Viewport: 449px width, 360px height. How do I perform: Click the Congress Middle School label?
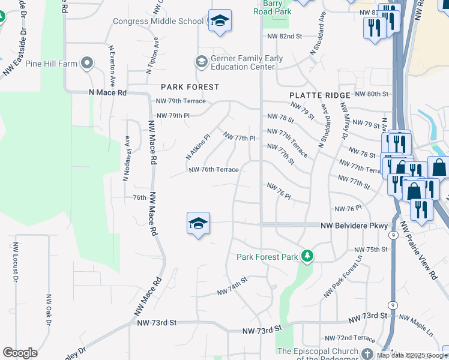pyautogui.click(x=159, y=22)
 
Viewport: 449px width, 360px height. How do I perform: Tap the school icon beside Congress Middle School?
pyautogui.click(x=220, y=22)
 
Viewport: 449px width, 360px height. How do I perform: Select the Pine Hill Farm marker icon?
pyautogui.click(x=88, y=63)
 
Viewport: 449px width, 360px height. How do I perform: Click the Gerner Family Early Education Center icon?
pyautogui.click(x=200, y=61)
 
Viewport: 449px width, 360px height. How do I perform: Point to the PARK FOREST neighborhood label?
pyautogui.click(x=189, y=87)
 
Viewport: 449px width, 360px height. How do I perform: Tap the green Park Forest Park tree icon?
pyautogui.click(x=307, y=256)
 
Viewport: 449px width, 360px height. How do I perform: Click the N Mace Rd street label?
pyautogui.click(x=107, y=93)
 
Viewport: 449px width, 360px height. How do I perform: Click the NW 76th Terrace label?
pyautogui.click(x=214, y=170)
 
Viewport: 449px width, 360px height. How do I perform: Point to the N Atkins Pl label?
pyautogui.click(x=197, y=146)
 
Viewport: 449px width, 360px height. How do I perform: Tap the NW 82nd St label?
pyautogui.click(x=285, y=36)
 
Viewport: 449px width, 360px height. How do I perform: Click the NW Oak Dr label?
pyautogui.click(x=49, y=310)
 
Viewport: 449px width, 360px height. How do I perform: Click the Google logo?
pyautogui.click(x=20, y=353)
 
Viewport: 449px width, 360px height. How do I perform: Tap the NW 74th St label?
pyautogui.click(x=232, y=287)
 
